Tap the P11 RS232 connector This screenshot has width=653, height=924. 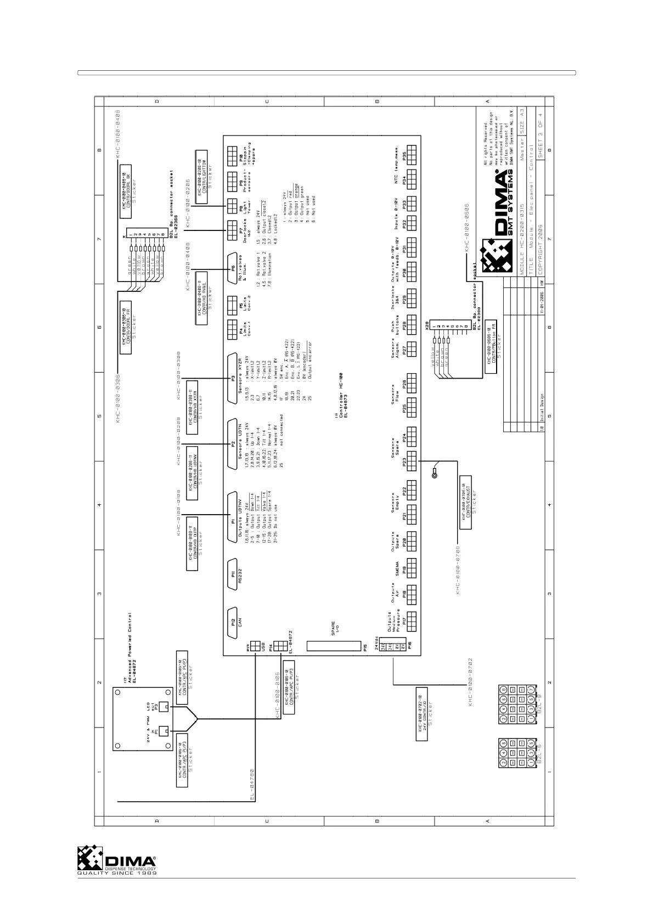pyautogui.click(x=233, y=574)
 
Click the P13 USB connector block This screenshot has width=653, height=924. pyautogui.click(x=255, y=647)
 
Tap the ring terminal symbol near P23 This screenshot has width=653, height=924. pyautogui.click(x=435, y=475)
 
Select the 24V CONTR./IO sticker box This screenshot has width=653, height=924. pyautogui.click(x=422, y=713)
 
